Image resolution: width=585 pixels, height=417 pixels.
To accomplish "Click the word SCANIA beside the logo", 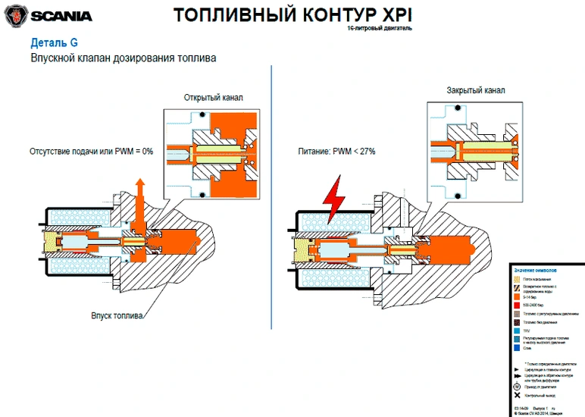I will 61,15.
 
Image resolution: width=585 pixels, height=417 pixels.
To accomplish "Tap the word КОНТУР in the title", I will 319,15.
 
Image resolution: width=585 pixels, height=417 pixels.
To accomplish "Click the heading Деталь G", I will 53,42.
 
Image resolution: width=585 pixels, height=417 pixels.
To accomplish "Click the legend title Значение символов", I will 535,269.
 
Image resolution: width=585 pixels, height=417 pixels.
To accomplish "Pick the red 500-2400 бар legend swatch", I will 517,303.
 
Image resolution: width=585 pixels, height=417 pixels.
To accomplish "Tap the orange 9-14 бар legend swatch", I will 517,296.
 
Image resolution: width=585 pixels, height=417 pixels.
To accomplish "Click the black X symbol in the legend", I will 517,397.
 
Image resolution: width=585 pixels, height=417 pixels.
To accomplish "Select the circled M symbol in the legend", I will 517,386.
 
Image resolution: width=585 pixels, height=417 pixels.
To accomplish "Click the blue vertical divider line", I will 271,182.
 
